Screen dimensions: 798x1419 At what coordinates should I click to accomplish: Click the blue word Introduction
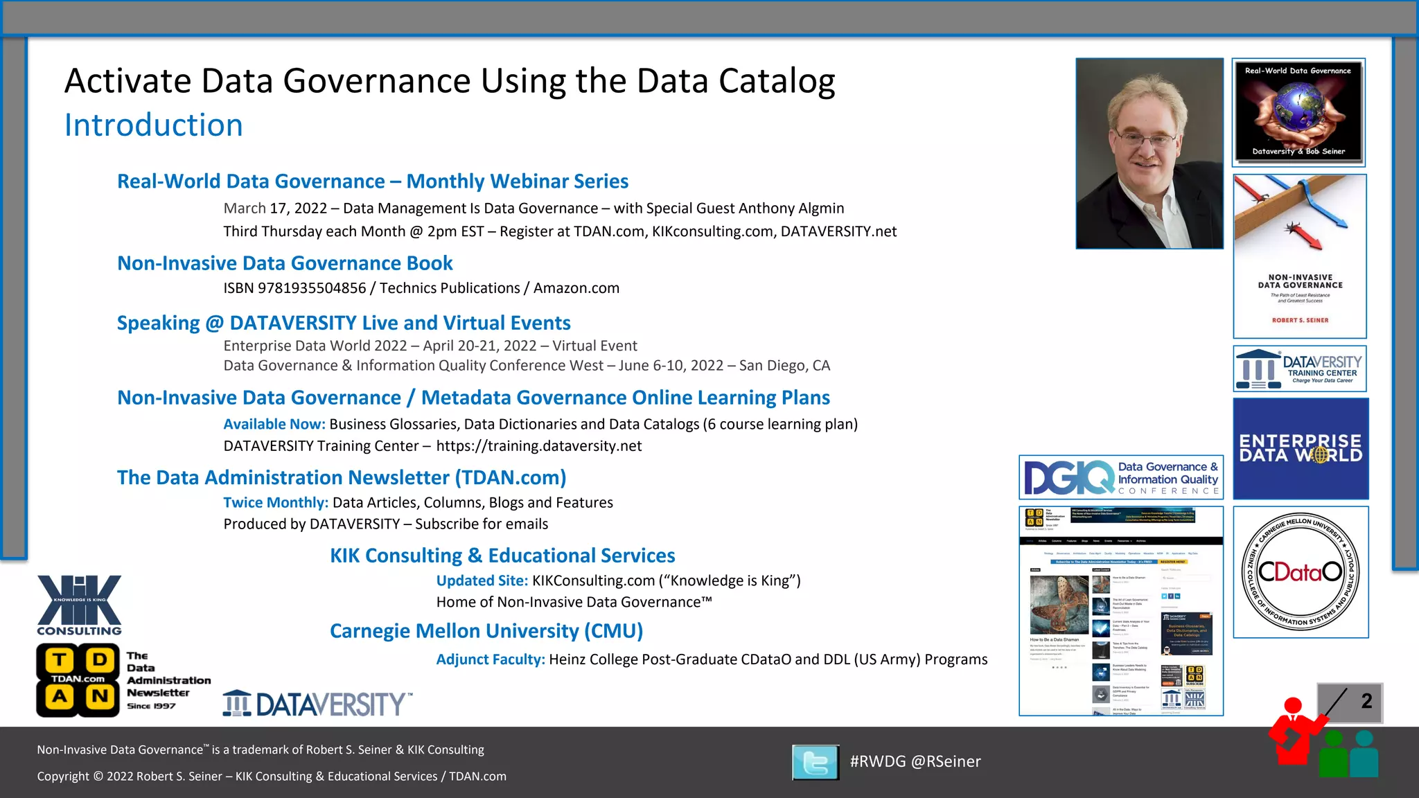tap(153, 125)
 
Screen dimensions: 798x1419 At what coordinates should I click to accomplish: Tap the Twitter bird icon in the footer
tap(815, 762)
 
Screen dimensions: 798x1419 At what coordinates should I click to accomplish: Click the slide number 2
tap(1366, 701)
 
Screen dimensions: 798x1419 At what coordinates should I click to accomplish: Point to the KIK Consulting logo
tap(79, 605)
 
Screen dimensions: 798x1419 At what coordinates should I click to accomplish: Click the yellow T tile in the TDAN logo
tap(60, 661)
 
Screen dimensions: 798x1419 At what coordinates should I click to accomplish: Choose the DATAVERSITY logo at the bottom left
tap(317, 704)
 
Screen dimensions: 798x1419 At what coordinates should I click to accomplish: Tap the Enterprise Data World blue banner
tap(1301, 448)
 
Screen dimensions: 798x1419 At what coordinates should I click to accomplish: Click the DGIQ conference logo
tap(1120, 477)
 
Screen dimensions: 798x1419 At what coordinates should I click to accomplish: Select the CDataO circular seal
tap(1300, 571)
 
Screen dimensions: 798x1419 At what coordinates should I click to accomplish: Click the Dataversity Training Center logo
tap(1300, 369)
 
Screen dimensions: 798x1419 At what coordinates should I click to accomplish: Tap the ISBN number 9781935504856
tap(311, 288)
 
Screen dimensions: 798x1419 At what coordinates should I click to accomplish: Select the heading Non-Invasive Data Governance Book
tap(285, 263)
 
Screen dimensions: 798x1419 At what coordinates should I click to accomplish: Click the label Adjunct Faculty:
tap(490, 659)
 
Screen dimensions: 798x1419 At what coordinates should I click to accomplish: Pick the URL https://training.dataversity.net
tap(538, 446)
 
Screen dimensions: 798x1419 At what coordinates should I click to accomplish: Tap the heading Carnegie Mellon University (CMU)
tap(486, 631)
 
